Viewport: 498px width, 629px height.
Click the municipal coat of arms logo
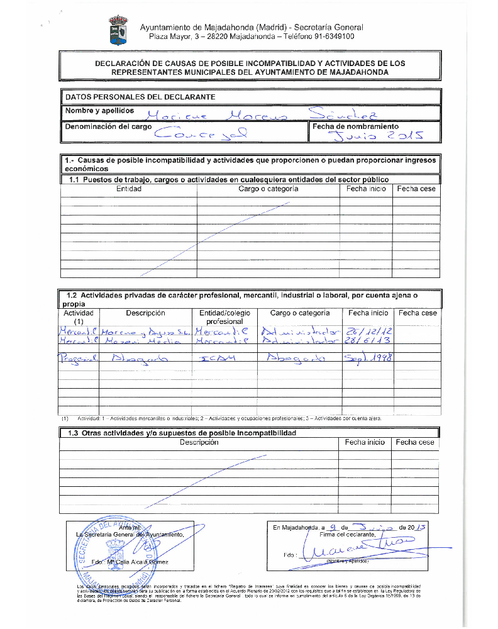(x=118, y=31)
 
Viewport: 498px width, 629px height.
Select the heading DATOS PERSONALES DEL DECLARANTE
(x=140, y=97)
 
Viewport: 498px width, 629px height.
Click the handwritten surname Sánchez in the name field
(x=340, y=113)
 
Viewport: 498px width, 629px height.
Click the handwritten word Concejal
(x=201, y=133)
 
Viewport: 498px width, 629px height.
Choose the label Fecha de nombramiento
(x=355, y=126)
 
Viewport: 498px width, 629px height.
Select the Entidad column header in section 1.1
(x=129, y=189)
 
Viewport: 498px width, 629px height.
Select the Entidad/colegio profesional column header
(x=224, y=317)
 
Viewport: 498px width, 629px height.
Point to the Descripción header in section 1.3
(x=199, y=442)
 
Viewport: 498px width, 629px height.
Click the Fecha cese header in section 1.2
(x=418, y=313)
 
